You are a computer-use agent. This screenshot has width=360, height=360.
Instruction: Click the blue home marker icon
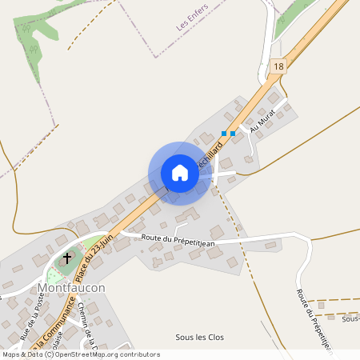pyautogui.click(x=180, y=173)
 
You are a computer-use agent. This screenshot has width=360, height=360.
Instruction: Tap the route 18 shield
pyautogui.click(x=278, y=67)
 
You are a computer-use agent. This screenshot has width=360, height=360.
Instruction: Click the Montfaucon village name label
pyautogui.click(x=71, y=286)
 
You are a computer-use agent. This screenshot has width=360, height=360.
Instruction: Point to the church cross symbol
pyautogui.click(x=68, y=258)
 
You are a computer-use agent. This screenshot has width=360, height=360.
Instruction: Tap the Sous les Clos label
pyautogui.click(x=199, y=337)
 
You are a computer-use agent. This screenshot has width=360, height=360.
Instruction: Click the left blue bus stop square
pyautogui.click(x=225, y=134)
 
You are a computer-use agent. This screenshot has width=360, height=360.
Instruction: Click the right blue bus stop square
pyautogui.click(x=233, y=134)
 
